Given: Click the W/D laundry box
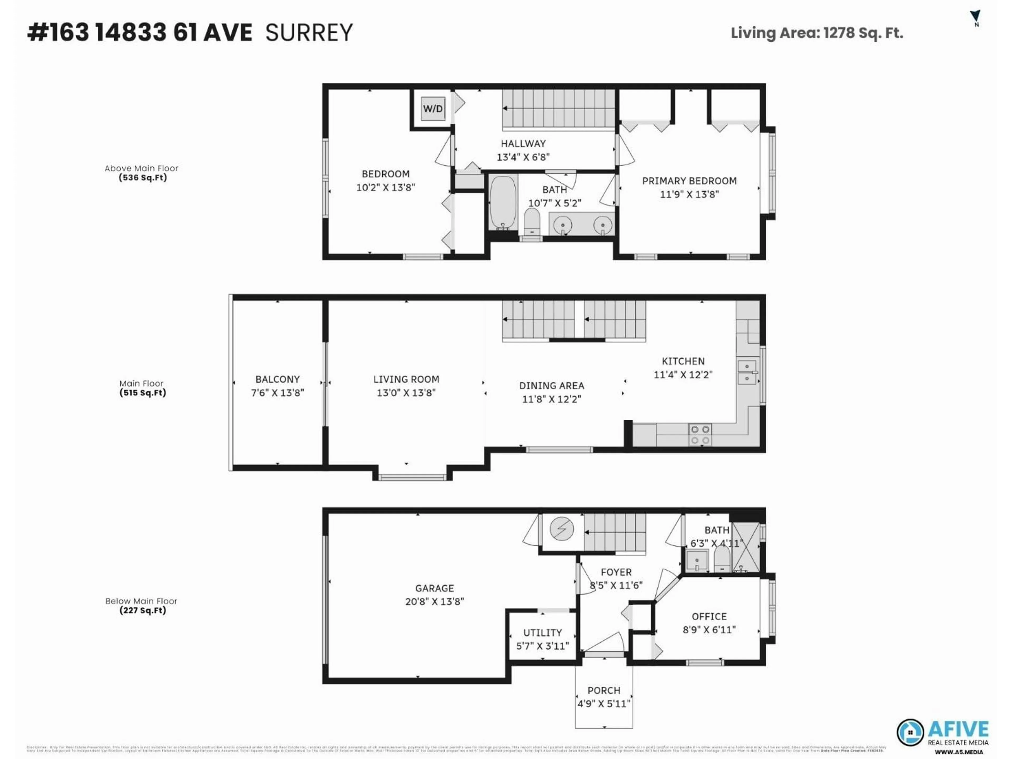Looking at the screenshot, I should click(x=432, y=109).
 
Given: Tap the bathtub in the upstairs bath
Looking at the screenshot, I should click(x=503, y=203).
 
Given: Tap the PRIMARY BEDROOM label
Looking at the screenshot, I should click(x=689, y=181).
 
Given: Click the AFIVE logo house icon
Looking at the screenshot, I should click(x=910, y=732).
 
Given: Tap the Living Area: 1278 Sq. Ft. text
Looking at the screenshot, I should click(x=817, y=33).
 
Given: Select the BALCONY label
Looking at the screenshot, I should click(x=277, y=379).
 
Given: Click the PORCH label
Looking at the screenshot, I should click(x=604, y=690).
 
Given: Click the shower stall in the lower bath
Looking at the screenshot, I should click(x=746, y=548).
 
